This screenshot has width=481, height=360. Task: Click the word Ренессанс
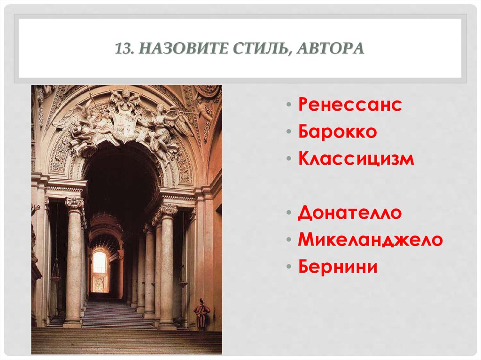point(350,104)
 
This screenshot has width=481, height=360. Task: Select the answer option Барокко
point(337,131)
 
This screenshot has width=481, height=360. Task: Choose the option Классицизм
point(356,159)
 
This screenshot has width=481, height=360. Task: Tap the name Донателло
point(349,213)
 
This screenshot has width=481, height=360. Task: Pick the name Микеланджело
point(370,239)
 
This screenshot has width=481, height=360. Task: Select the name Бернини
point(338,266)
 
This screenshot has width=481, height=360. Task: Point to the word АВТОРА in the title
point(330,48)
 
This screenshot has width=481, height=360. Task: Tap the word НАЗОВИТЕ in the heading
point(183,48)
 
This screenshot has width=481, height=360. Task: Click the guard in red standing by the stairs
point(202,314)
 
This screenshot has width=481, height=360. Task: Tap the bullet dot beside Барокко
point(288,132)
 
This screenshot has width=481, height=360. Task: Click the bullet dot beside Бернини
point(288,267)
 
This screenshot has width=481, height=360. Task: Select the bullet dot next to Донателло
point(288,213)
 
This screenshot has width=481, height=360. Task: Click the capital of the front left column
point(75,203)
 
